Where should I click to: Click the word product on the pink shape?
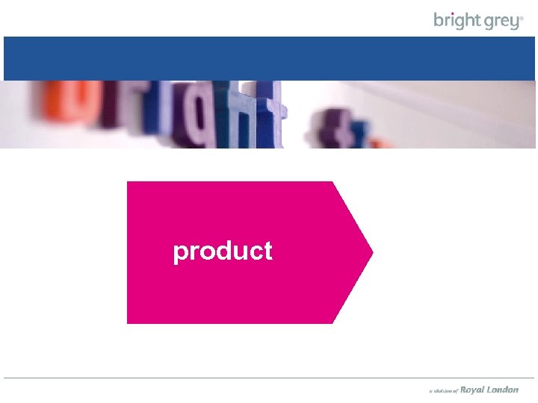click(223, 252)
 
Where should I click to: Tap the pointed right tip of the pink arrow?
click(371, 252)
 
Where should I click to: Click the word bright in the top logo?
click(456, 20)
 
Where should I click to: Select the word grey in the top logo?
click(499, 21)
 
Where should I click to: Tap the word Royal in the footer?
click(471, 390)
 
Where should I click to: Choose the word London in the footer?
click(502, 390)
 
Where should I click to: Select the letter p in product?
click(180, 254)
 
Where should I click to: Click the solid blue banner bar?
click(269, 58)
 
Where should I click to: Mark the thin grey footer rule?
click(269, 378)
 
